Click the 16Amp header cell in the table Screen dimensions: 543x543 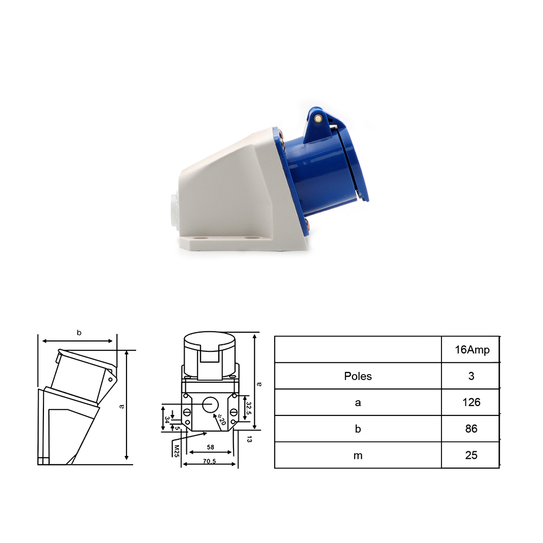[472, 350]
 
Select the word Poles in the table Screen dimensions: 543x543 [358, 376]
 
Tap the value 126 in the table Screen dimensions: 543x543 [471, 402]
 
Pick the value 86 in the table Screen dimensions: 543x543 [471, 429]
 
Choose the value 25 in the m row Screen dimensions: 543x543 [471, 455]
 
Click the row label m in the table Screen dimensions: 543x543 [358, 456]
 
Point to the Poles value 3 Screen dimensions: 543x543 [471, 376]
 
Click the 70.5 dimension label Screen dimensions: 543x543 [210, 461]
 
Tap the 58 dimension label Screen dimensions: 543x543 [211, 447]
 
